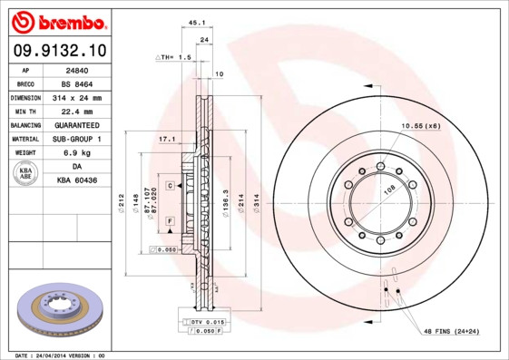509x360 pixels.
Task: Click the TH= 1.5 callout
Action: pos(175,56)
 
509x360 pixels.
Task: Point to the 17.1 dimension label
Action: pos(166,140)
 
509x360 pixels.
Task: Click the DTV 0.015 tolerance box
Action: pos(209,322)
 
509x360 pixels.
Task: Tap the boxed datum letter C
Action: pos(170,185)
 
